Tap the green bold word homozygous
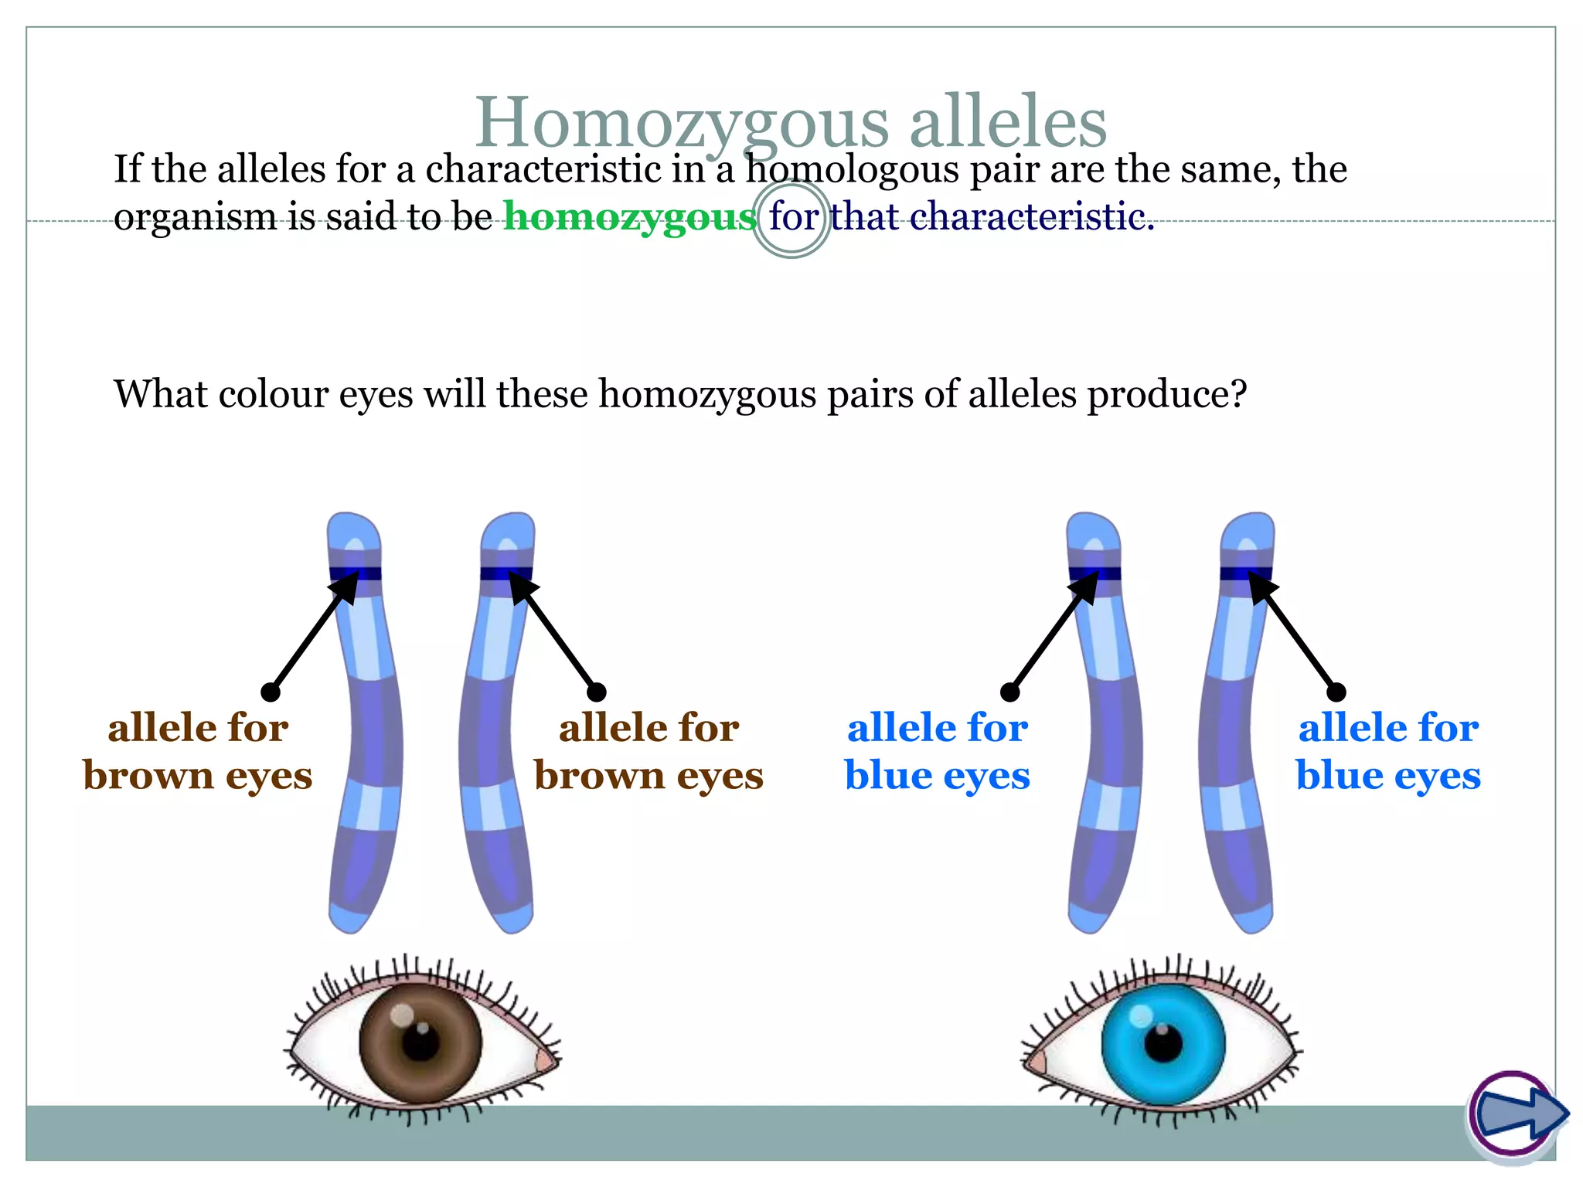coord(630,216)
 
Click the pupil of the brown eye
coord(421,1042)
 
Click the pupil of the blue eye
coord(1163,1043)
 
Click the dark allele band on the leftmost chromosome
coord(356,573)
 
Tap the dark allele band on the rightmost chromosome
coord(1246,573)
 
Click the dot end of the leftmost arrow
coord(271,692)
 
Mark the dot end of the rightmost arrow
coord(1336,692)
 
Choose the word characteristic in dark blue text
coord(1031,216)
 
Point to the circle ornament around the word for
coord(791,219)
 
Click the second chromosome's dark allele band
coord(506,573)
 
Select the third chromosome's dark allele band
coord(1094,573)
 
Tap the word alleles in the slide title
coord(1008,124)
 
